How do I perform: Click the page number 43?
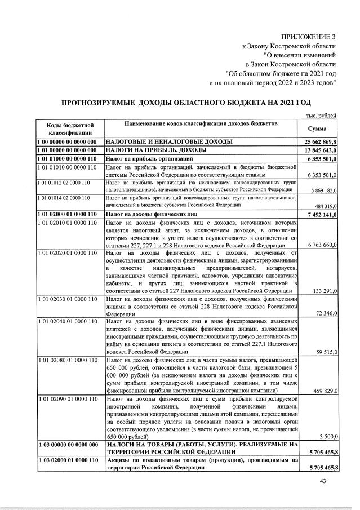(x=323, y=481)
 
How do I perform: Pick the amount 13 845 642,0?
(x=320, y=151)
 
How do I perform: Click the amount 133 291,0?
(x=325, y=291)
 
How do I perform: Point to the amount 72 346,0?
(x=326, y=312)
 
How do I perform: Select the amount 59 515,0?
(x=326, y=352)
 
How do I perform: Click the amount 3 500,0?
(x=328, y=436)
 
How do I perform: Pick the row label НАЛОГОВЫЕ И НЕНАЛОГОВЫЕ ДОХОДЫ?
(x=160, y=142)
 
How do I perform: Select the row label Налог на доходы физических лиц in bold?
(x=140, y=215)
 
